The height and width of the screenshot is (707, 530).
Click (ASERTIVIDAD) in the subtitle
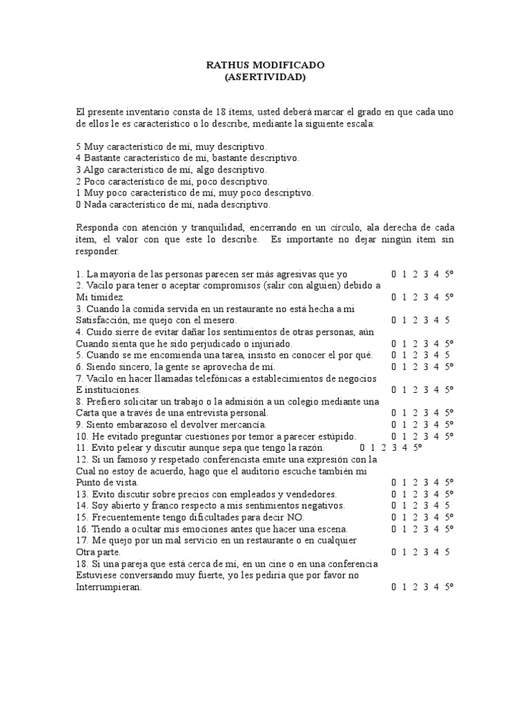pos(265,77)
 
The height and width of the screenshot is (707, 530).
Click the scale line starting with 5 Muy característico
pos(170,146)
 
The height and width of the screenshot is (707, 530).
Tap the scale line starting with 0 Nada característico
pos(173,204)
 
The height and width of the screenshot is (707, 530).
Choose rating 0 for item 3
pos(394,320)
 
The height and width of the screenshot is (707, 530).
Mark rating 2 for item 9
pos(415,425)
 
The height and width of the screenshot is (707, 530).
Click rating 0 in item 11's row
pos(362,447)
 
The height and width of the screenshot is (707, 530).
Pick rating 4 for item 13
pos(437,494)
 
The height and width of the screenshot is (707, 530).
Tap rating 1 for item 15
pos(405,517)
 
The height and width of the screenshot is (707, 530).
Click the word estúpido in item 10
pos(335,436)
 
